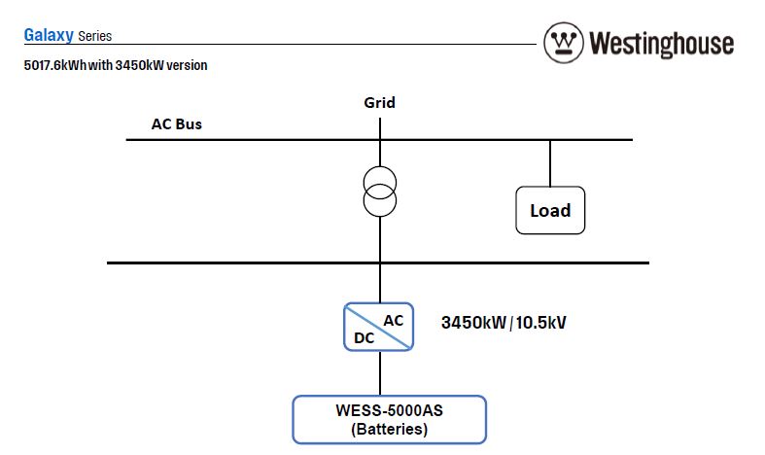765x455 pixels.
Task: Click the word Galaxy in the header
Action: pyautogui.click(x=48, y=36)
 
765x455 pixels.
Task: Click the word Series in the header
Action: pyautogui.click(x=94, y=37)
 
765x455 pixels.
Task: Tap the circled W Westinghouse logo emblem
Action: pyautogui.click(x=563, y=43)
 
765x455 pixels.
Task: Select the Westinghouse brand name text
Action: pyautogui.click(x=661, y=44)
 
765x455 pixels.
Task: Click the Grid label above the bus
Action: pyautogui.click(x=379, y=102)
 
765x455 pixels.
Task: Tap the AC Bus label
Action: pyautogui.click(x=176, y=124)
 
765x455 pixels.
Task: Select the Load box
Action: pyautogui.click(x=550, y=210)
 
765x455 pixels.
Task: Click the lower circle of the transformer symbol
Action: pyautogui.click(x=380, y=202)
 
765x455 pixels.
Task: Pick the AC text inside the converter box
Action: pyautogui.click(x=394, y=319)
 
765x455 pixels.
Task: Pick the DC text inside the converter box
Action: pyautogui.click(x=362, y=337)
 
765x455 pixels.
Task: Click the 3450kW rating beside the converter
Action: pyautogui.click(x=473, y=322)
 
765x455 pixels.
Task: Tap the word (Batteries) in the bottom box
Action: pyautogui.click(x=389, y=429)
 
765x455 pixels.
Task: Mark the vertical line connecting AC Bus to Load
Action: pyautogui.click(x=550, y=162)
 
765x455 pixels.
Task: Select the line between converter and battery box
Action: pyautogui.click(x=380, y=372)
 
